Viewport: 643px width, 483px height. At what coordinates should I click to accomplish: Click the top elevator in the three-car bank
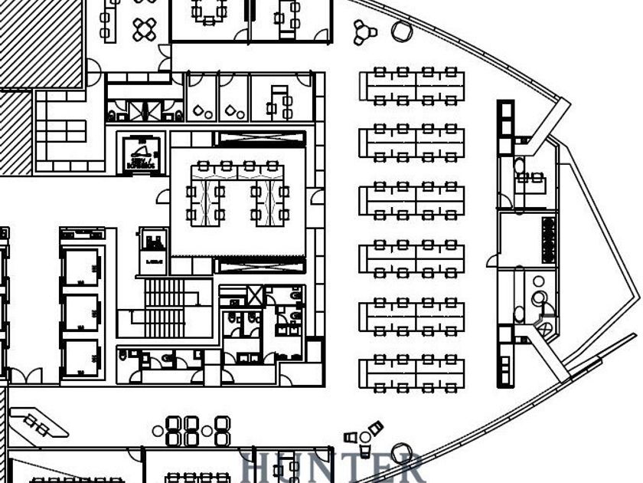pyautogui.click(x=81, y=268)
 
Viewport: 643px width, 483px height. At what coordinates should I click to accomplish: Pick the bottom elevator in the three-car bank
pyautogui.click(x=81, y=358)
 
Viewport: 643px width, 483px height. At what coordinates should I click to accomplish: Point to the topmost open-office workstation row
pyautogui.click(x=412, y=85)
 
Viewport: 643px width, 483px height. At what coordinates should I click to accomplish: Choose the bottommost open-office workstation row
pyautogui.click(x=412, y=372)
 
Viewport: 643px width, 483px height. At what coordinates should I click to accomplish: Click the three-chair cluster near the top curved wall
pyautogui.click(x=364, y=31)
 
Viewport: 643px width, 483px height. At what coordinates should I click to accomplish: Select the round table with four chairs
pyautogui.click(x=145, y=30)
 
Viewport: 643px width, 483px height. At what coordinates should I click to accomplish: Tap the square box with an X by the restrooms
pyautogui.click(x=255, y=295)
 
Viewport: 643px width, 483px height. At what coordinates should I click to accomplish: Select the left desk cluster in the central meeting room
pyautogui.click(x=206, y=192)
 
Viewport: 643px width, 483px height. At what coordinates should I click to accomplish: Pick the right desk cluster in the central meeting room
pyautogui.click(x=272, y=192)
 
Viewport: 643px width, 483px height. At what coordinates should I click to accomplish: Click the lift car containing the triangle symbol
pyautogui.click(x=140, y=151)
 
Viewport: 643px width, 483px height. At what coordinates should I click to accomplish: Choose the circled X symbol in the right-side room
pyautogui.click(x=545, y=329)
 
